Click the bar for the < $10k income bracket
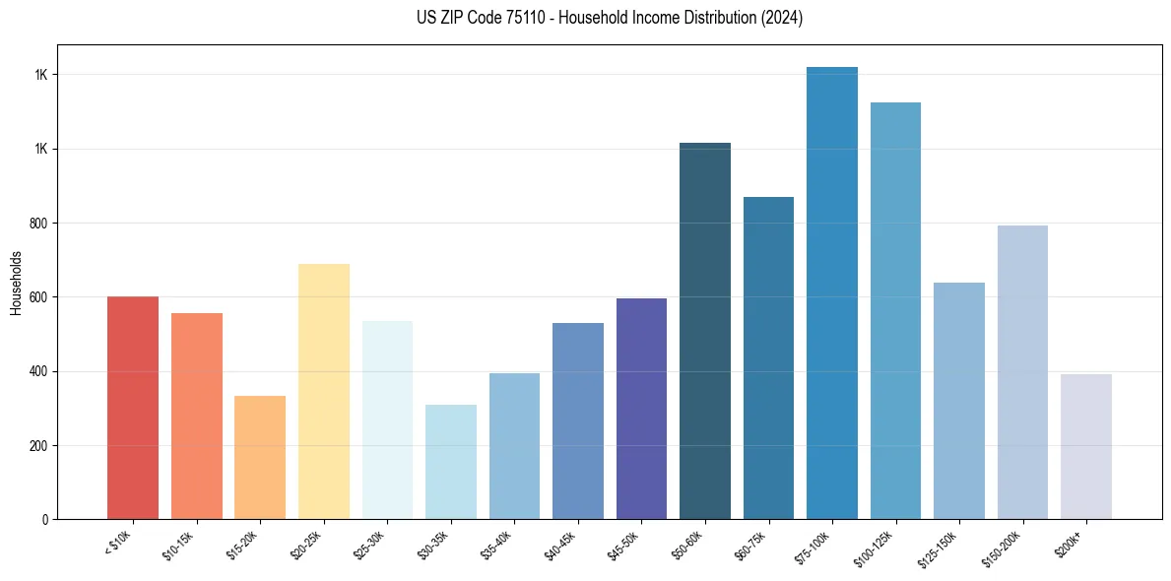pyautogui.click(x=133, y=408)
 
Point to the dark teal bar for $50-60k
pyautogui.click(x=705, y=331)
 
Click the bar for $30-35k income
pyautogui.click(x=450, y=462)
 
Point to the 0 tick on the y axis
pyautogui.click(x=45, y=520)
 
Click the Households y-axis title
pyautogui.click(x=17, y=282)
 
